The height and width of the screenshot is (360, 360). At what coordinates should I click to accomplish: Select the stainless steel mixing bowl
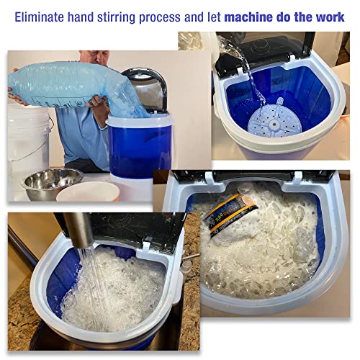tap(50, 183)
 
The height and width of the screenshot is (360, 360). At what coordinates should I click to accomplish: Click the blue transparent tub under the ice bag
tap(140, 144)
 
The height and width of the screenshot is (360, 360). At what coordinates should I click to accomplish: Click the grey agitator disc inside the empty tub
tap(271, 120)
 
